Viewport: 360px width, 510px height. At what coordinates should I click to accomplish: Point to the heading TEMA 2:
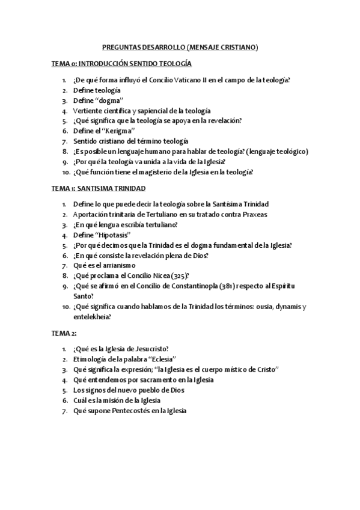pos(64,332)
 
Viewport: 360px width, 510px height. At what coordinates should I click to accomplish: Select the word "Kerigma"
pos(120,131)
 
